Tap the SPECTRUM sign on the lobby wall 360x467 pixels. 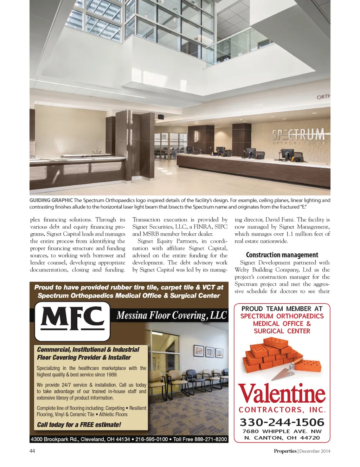(298, 135)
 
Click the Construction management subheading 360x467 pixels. (282, 255)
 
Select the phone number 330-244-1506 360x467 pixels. (282, 422)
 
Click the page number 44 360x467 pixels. (32, 451)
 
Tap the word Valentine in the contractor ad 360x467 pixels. (282, 394)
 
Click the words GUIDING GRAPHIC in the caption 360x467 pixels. (51, 200)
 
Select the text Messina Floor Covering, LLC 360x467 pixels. (172, 315)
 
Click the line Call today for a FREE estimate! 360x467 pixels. (79, 424)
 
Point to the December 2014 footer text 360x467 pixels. (315, 451)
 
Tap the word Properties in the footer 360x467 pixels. (285, 451)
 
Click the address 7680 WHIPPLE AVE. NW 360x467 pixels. (282, 431)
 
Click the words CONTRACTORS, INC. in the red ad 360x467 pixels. (282, 410)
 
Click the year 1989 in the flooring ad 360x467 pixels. (112, 375)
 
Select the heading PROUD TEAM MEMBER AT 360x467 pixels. (282, 309)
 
